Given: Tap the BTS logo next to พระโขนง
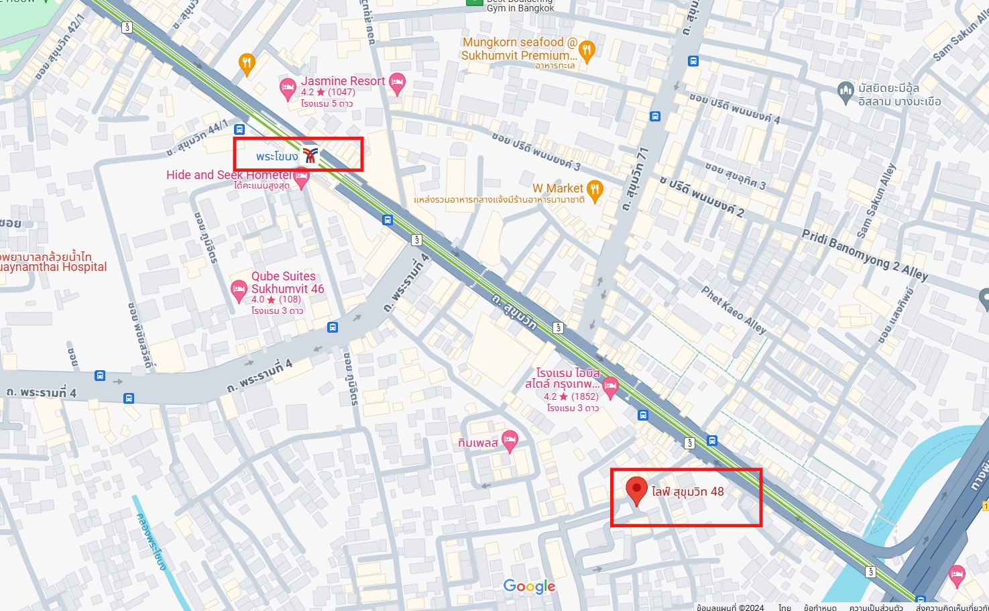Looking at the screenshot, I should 310,156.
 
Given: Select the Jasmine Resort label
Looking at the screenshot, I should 343,81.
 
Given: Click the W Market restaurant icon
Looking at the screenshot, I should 595,189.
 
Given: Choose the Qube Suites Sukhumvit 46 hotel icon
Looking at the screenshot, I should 239,290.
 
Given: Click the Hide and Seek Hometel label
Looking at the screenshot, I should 229,175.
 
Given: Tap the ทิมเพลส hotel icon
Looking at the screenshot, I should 510,441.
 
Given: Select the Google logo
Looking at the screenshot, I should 529,587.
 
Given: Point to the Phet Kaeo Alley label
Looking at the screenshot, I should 734,310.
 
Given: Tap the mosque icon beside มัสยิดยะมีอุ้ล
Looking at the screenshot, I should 846,89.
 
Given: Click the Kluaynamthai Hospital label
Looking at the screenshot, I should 54,267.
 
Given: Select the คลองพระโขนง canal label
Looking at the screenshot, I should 151,542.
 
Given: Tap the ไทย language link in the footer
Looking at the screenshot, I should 784,608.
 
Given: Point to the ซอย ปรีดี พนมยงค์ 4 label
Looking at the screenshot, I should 735,108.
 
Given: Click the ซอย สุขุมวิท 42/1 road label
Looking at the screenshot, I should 60,47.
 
